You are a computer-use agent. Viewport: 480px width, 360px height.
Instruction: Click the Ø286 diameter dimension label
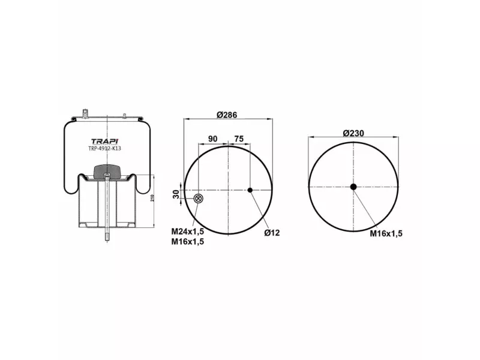point(227,115)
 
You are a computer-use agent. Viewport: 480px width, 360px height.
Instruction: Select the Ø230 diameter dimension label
point(353,133)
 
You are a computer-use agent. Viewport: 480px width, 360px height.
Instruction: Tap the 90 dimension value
point(213,139)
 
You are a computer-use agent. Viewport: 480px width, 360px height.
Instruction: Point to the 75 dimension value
point(239,139)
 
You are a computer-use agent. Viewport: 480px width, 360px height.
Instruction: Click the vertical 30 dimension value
point(176,194)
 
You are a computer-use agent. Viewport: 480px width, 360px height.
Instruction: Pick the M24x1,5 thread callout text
point(187,232)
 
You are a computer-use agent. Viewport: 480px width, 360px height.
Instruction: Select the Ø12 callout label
point(272,233)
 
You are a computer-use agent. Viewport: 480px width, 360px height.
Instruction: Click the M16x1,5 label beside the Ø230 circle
point(386,233)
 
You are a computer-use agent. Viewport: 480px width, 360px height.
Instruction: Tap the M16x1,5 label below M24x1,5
point(187,242)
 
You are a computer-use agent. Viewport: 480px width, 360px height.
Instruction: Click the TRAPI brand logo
point(104,141)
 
